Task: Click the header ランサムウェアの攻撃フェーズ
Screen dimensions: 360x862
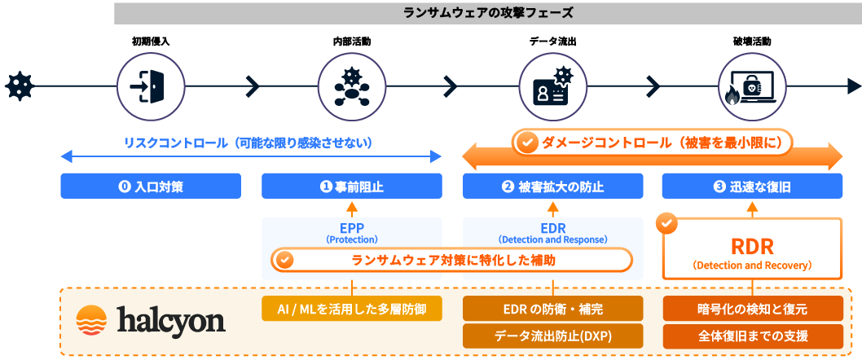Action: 488,13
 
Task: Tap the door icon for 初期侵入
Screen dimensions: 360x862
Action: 151,85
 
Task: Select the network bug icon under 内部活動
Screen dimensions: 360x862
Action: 351,85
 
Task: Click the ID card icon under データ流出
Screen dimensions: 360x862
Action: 552,85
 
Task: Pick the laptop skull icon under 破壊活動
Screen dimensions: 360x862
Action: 752,85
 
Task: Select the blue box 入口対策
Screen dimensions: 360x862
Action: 151,187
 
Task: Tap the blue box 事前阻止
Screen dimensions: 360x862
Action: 351,187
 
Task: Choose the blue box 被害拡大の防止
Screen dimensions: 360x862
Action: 552,187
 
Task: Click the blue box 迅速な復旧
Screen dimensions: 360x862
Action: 752,187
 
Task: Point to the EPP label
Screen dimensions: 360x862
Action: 351,229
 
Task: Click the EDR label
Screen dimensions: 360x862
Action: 552,229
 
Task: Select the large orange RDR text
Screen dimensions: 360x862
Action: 751,247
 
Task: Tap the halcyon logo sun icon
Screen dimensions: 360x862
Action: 91,321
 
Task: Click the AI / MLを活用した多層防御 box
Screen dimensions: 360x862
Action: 351,309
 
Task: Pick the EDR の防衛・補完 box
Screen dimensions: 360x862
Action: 552,309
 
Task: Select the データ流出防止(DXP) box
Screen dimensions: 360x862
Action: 552,336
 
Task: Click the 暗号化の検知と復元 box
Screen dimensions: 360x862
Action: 752,309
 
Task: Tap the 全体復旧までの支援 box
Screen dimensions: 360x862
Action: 752,336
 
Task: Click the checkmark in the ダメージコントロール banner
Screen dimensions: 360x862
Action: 528,143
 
